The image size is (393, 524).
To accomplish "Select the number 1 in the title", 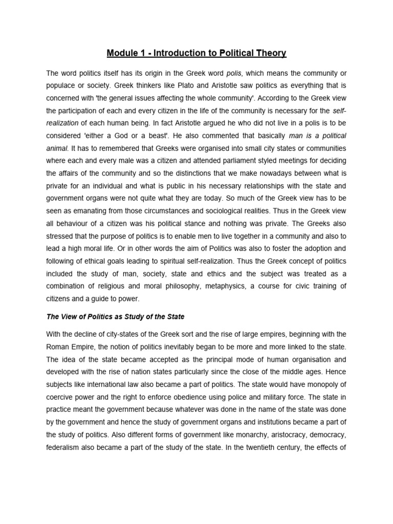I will pos(145,53).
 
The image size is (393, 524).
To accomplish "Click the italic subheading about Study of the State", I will pos(115,317).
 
